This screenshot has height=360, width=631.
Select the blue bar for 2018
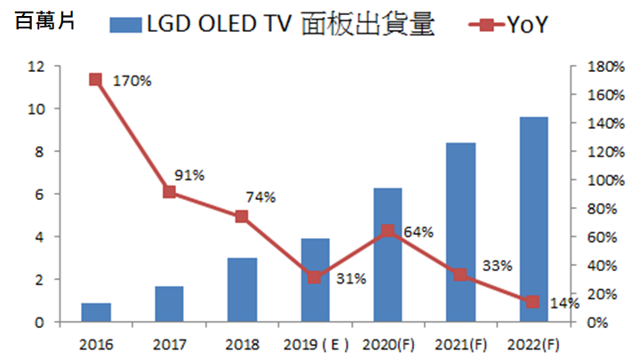tap(242, 290)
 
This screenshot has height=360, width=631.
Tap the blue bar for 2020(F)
tap(388, 255)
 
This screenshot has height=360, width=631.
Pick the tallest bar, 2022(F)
tap(533, 220)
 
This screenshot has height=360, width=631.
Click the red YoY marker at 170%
tap(96, 80)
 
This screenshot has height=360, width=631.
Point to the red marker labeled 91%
tap(169, 192)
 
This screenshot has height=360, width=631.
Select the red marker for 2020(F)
tap(388, 231)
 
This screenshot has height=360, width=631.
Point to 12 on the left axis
tap(36, 67)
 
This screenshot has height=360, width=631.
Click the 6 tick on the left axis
tap(40, 195)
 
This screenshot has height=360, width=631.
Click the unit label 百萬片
tap(39, 24)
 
